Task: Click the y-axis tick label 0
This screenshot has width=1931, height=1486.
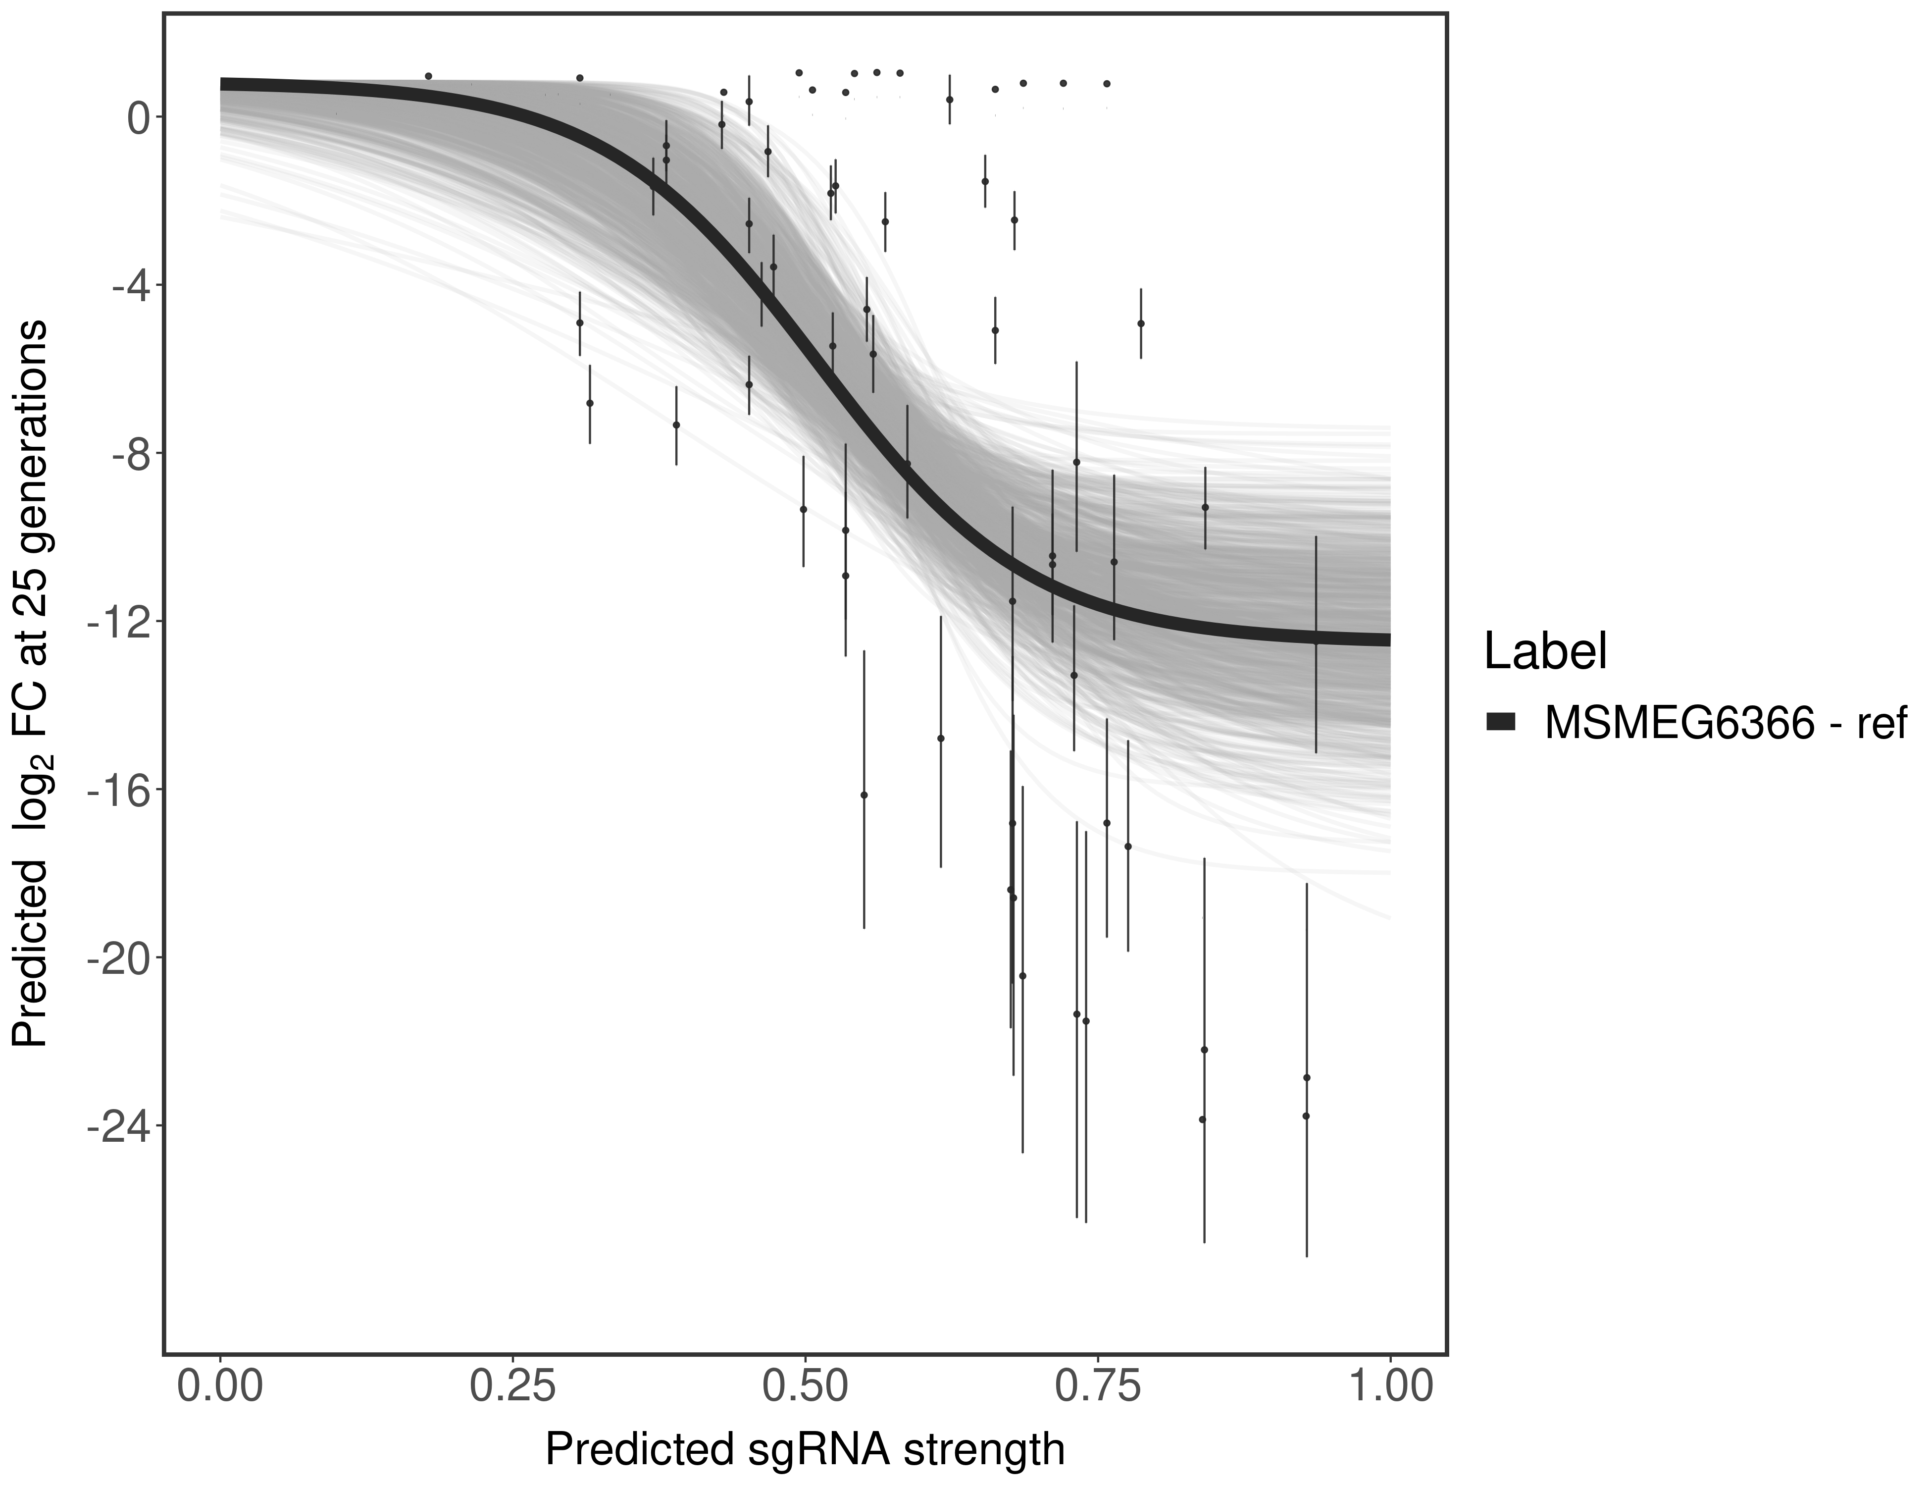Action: point(138,118)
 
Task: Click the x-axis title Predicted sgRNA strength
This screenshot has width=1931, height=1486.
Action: point(805,1451)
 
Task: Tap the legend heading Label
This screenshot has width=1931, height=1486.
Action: point(1545,653)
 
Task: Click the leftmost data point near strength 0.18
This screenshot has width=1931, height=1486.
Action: point(429,76)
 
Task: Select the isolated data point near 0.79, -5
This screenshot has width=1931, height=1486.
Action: point(1141,324)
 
